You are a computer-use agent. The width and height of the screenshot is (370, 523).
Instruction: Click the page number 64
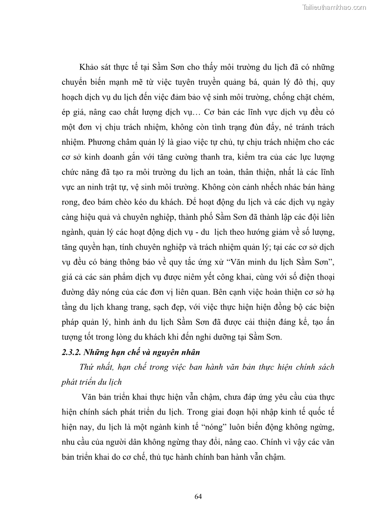point(198,496)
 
